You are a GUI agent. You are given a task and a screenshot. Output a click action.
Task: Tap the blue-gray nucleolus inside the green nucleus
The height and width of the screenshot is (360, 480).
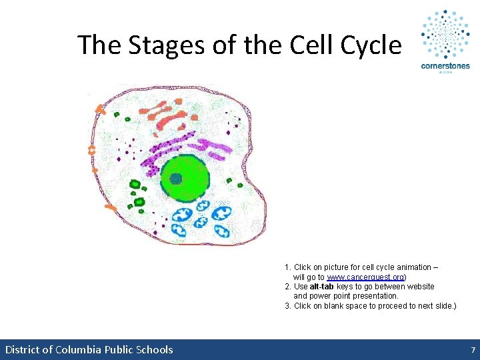point(176,179)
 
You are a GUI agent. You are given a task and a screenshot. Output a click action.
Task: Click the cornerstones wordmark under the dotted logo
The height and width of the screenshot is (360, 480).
point(445,66)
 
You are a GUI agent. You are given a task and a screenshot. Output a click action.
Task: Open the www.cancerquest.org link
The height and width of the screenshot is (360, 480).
point(365,277)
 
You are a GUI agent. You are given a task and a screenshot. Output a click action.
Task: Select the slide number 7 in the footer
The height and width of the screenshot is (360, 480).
point(473,350)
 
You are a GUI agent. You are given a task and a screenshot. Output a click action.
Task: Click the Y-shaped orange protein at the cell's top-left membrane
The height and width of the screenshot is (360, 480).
point(101,108)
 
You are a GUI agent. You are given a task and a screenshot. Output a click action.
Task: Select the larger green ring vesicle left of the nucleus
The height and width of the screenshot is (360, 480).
point(135,184)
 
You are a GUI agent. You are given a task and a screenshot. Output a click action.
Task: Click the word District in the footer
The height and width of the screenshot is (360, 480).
point(24,350)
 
